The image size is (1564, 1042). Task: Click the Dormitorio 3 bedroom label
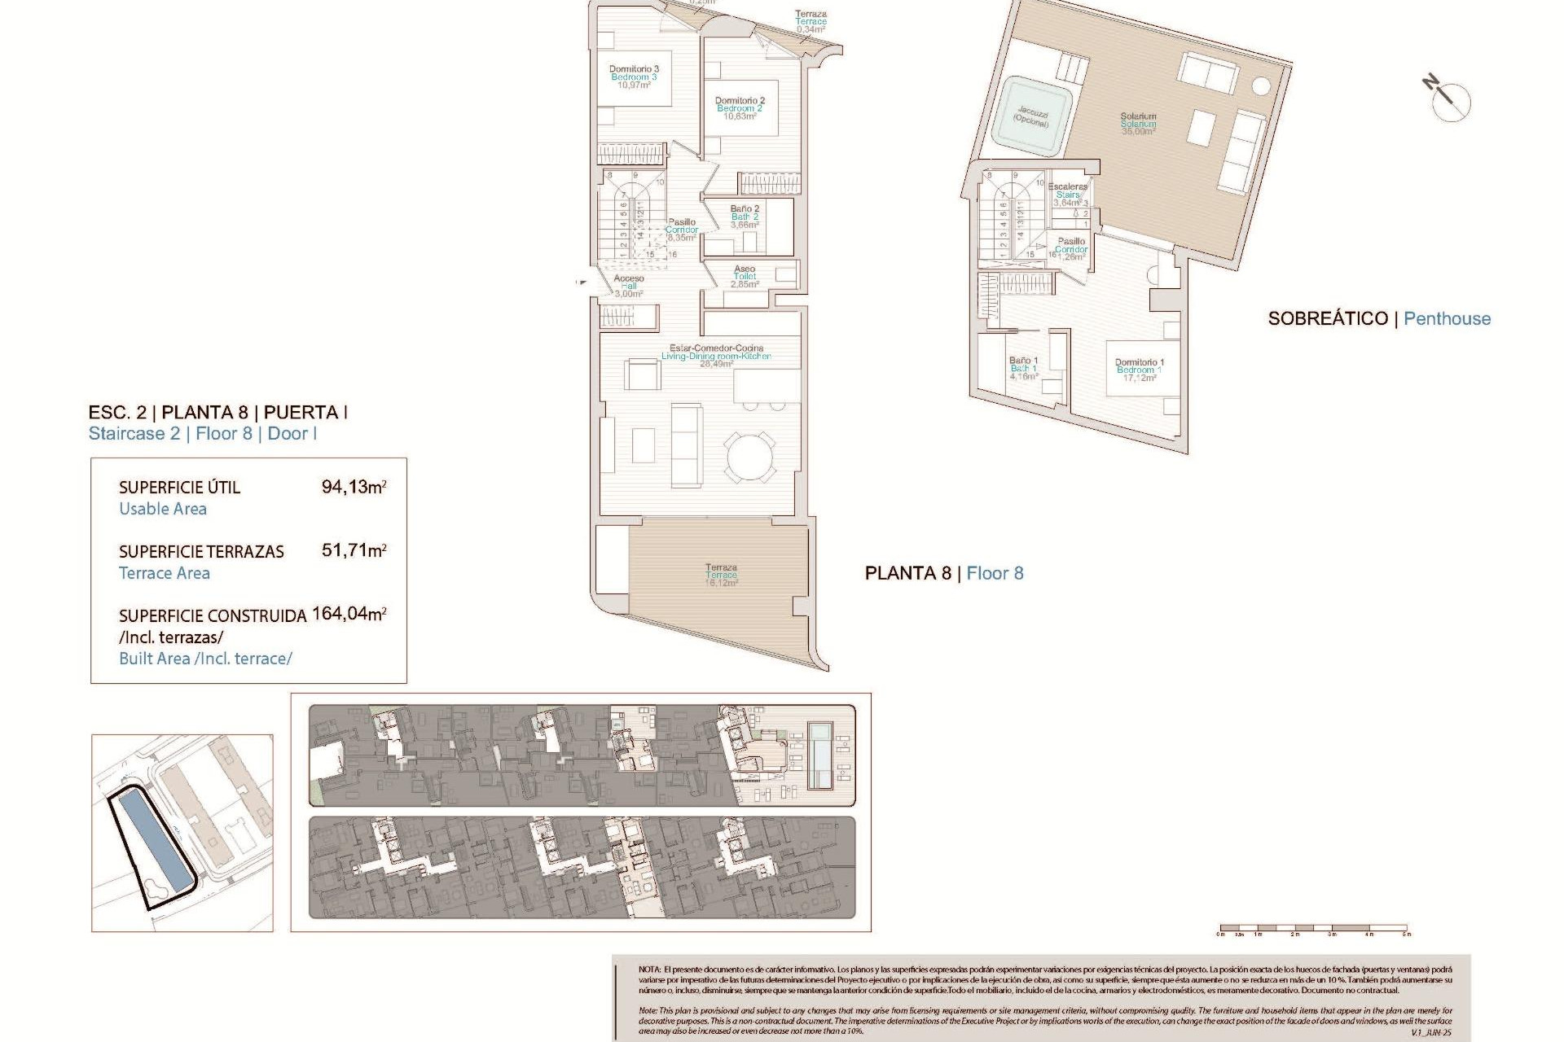click(634, 77)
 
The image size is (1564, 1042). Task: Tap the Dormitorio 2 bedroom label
click(740, 108)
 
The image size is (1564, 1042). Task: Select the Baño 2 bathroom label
click(745, 217)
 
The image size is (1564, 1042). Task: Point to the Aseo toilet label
click(745, 276)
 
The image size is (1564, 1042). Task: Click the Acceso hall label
click(629, 286)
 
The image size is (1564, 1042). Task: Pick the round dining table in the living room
click(750, 457)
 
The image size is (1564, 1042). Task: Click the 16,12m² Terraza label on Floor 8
click(721, 575)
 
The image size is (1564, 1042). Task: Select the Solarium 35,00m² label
click(1138, 124)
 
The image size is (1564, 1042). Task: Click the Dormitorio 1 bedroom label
click(1139, 370)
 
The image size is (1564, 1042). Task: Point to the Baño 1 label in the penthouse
click(1023, 368)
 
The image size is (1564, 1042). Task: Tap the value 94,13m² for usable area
click(354, 487)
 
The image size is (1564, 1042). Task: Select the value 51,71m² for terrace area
click(354, 550)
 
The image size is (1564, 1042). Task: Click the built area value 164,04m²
click(349, 614)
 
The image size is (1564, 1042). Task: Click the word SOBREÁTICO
click(1327, 318)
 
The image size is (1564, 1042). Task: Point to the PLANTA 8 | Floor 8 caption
click(943, 573)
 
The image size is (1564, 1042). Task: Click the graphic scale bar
click(1313, 927)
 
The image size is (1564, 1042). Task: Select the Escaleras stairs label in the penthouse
click(1067, 195)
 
